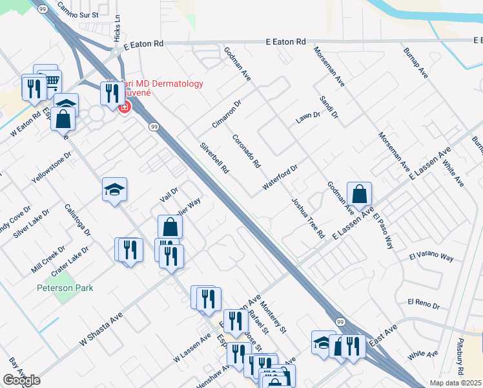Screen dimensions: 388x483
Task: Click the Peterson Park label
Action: pos(65,288)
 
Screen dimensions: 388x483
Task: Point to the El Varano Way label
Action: pos(431,257)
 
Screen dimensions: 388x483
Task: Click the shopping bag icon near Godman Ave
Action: pos(359,193)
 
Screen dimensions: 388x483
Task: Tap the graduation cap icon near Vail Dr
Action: pos(114,189)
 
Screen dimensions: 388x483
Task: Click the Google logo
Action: pos(21,380)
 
